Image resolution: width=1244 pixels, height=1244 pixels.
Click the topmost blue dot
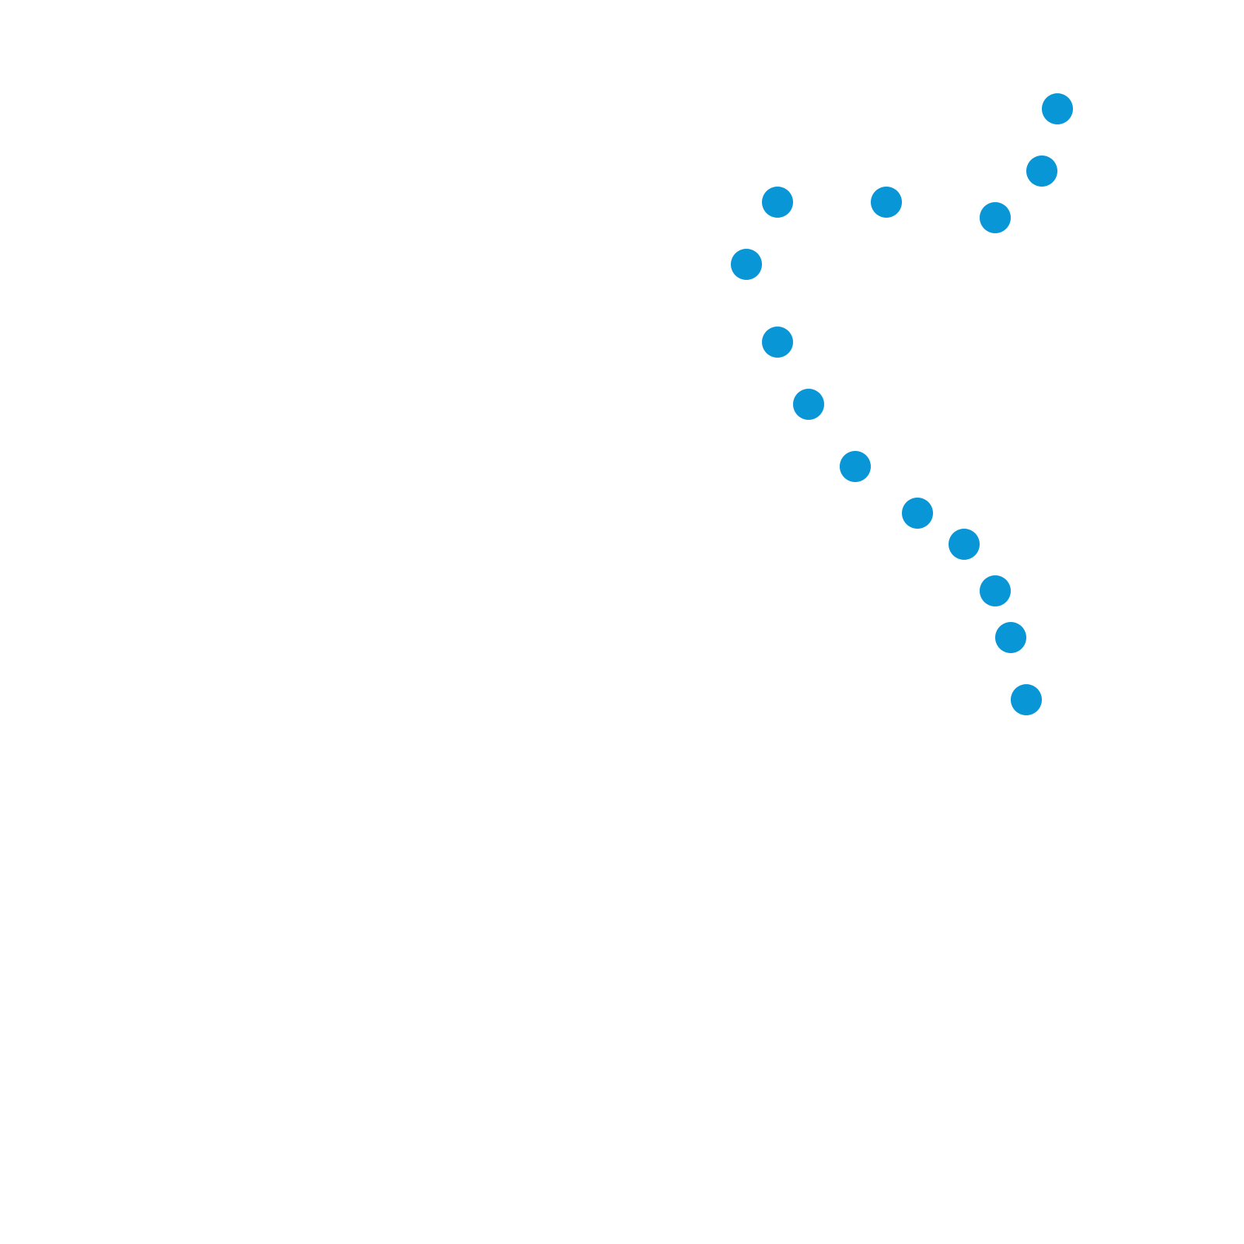point(1057,109)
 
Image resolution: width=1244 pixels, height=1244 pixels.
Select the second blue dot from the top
point(1042,171)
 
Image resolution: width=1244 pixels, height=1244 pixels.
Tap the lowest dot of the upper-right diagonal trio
point(995,218)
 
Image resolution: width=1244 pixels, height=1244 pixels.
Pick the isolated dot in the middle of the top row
point(886,202)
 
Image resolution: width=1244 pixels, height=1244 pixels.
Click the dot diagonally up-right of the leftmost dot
point(777,202)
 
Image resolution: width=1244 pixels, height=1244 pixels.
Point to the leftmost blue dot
point(746,264)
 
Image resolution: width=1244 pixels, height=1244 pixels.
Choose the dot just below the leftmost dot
point(777,342)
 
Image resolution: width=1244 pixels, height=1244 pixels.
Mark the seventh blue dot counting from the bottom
point(809,404)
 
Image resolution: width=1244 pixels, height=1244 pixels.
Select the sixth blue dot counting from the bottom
point(855,466)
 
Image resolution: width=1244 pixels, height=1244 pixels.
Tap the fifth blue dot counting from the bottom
point(917,513)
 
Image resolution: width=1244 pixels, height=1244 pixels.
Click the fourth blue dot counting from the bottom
point(964,544)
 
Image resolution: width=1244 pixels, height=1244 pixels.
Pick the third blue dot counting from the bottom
point(995,591)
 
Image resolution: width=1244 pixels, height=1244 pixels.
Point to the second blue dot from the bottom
point(1011,638)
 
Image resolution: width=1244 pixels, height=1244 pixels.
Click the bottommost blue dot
point(1026,700)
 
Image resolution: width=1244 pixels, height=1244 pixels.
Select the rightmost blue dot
point(1057,109)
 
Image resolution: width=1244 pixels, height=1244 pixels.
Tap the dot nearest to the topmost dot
point(1042,171)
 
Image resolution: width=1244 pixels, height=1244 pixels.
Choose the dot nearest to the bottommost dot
point(1011,638)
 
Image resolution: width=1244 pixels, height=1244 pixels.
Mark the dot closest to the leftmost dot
point(777,202)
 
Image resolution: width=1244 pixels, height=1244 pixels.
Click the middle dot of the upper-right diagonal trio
point(1042,171)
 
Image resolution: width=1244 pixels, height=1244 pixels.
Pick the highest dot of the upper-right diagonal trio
point(1057,109)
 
